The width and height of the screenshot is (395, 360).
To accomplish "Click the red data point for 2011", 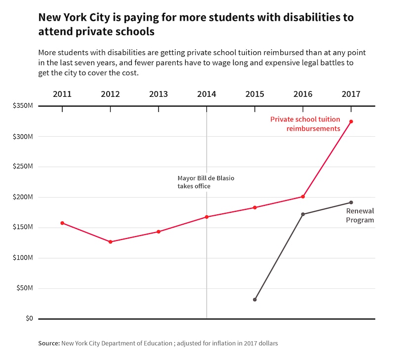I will [x=62, y=223].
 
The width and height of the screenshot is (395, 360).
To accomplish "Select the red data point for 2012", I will [x=110, y=242].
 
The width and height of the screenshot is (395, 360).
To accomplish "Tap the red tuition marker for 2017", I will [x=351, y=121].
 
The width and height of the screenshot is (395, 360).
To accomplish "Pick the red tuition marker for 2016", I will [x=303, y=197].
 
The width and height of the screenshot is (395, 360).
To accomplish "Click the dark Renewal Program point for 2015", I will [x=255, y=300].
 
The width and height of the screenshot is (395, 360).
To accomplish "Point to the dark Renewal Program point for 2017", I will [x=351, y=202].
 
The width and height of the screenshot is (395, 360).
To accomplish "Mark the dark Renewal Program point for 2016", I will [x=303, y=214].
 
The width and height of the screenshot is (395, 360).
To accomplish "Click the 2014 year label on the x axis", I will [x=206, y=94].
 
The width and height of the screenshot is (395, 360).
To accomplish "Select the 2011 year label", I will [x=62, y=94].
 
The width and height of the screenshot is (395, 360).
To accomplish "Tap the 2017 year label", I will [x=351, y=94].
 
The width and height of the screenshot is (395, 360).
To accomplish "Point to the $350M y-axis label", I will [x=23, y=106].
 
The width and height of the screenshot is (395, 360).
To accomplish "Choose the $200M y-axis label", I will [x=23, y=197].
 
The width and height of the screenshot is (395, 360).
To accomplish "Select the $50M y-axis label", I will [x=24, y=288].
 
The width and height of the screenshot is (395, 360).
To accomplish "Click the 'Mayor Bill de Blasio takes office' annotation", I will [x=205, y=182].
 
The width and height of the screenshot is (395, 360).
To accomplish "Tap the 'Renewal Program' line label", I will [x=359, y=215].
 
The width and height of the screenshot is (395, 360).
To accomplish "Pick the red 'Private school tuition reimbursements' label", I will [x=305, y=124].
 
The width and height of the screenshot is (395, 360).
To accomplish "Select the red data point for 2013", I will [x=158, y=232].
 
